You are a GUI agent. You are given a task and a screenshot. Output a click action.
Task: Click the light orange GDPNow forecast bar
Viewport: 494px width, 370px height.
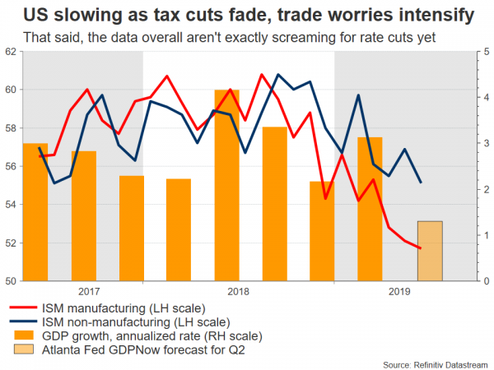(431, 251)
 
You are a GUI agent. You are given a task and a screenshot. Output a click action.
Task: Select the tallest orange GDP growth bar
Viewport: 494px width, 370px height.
(227, 185)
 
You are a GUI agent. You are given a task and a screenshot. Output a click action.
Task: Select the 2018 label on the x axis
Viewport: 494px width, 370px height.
(239, 291)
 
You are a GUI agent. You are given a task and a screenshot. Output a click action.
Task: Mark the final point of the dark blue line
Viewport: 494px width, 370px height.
(422, 183)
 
